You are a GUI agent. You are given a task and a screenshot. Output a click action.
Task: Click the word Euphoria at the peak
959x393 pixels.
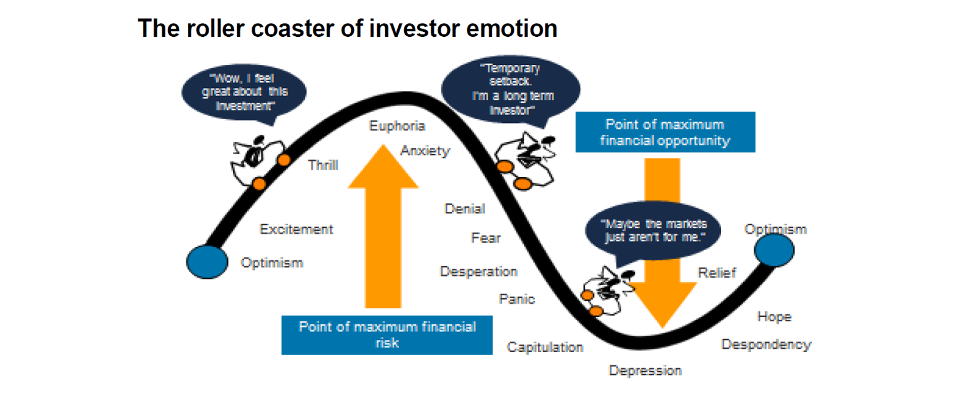[x=397, y=126]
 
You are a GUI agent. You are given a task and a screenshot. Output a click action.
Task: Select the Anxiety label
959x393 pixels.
[x=425, y=150]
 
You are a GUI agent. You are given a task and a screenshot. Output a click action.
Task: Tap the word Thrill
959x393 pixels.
[x=323, y=165]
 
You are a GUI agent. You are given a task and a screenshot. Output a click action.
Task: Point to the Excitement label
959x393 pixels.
[x=296, y=229]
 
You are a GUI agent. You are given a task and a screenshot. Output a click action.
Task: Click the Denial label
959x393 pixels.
[x=465, y=209]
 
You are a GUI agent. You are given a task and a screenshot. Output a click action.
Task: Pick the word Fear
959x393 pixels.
[x=486, y=238]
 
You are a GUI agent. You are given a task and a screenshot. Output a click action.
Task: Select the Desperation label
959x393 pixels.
[x=478, y=271]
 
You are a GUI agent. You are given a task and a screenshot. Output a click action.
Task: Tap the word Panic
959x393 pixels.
[x=516, y=299]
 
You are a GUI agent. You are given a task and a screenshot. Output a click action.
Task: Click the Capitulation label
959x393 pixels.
[x=544, y=347]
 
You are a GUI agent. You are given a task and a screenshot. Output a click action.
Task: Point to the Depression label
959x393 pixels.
[x=645, y=371]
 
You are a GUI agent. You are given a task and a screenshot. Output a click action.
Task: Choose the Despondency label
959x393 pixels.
[x=766, y=344]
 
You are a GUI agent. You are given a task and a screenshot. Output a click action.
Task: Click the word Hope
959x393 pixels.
[x=774, y=317]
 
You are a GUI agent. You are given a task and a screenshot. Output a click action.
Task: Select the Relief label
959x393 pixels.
[x=717, y=273]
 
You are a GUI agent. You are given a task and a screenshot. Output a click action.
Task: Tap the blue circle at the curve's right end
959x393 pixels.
[x=774, y=250]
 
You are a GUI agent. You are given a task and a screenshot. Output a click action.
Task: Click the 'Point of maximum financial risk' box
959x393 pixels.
[x=386, y=335]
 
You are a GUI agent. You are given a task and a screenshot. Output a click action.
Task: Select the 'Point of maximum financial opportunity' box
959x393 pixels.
[x=665, y=132]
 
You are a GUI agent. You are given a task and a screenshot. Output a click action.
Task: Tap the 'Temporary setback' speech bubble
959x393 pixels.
[x=510, y=87]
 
